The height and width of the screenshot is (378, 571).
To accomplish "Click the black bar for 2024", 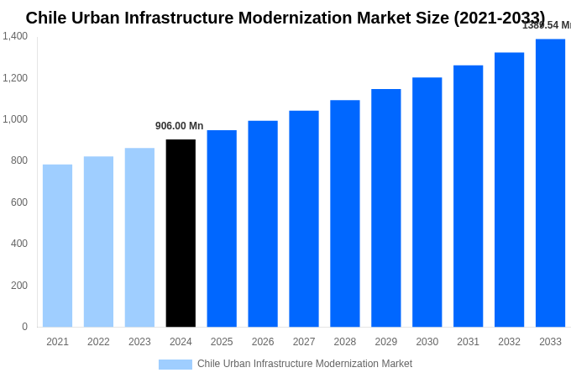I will [181, 234].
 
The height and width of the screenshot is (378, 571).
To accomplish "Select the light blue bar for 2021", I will [57, 245].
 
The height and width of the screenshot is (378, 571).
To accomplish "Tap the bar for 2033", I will [550, 183].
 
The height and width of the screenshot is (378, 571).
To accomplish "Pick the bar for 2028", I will [344, 213].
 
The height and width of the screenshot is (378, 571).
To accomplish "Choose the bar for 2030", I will [427, 202].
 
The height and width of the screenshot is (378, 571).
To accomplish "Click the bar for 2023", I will [139, 238].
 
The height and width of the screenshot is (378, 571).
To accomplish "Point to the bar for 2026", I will [263, 223].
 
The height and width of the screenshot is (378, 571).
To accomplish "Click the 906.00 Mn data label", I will [179, 126].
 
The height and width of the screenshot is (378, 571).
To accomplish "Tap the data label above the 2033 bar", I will [547, 25].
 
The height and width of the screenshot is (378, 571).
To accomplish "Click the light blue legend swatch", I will [175, 365].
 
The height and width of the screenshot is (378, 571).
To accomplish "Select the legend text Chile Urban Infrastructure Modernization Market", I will [305, 364].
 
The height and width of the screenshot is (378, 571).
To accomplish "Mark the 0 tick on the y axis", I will [24, 327].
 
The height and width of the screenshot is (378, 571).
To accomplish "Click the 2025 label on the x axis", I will [222, 342].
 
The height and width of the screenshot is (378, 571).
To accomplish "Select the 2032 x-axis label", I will [509, 342].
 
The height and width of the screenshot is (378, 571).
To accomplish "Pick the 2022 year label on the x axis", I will [98, 342].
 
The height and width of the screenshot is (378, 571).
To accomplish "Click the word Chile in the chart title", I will [46, 18].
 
